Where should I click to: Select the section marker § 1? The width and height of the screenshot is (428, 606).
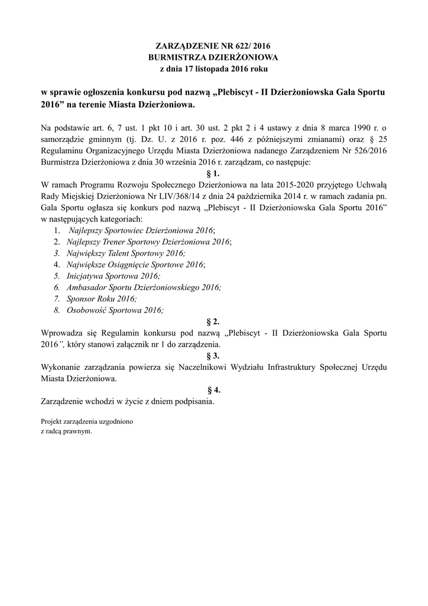tap(213, 173)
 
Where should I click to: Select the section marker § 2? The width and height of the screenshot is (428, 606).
tap(213, 321)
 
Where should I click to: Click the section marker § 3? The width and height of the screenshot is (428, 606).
tap(213, 356)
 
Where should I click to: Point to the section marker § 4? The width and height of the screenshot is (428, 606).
tap(213, 390)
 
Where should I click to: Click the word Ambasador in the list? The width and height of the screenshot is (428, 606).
tap(87, 287)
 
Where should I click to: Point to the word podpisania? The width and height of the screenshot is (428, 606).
tap(192, 401)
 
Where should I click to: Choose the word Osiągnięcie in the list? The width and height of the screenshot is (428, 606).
tap(129, 265)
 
